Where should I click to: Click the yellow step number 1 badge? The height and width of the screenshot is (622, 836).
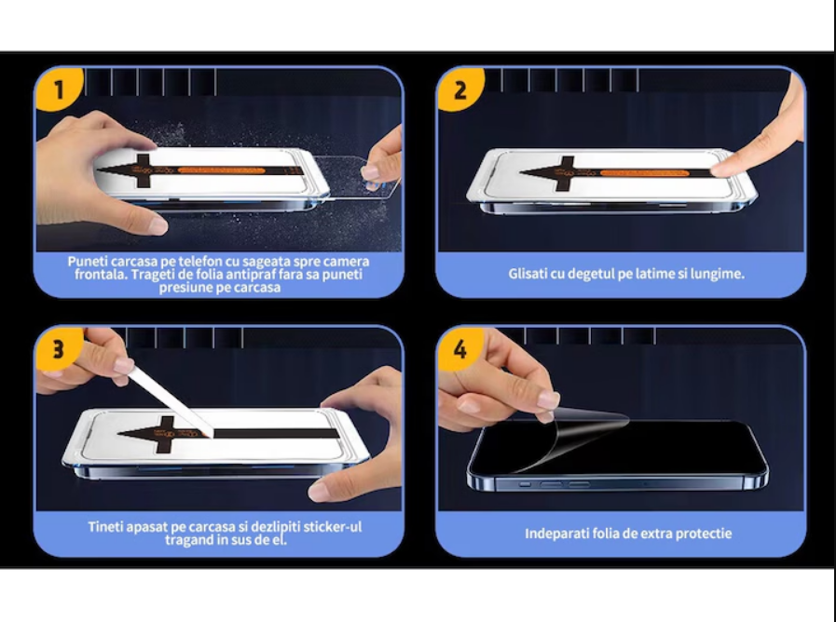59,88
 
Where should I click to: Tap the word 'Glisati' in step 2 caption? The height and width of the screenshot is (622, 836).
528,274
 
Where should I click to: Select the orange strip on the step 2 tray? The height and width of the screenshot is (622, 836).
643,172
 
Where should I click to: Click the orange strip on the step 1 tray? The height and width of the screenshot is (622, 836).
221,170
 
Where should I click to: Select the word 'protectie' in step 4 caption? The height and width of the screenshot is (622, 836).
705,534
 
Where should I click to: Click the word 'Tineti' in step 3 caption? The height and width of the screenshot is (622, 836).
105,527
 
